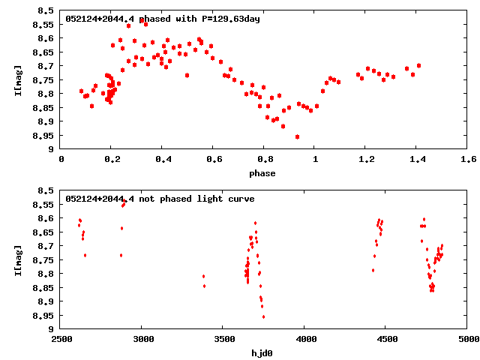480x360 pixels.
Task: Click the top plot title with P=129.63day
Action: point(162,19)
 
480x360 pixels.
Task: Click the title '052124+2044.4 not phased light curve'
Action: point(160,199)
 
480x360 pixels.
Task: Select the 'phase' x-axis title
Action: point(262,173)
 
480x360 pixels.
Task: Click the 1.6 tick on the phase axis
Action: point(468,160)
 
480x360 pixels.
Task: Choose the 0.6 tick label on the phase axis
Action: point(214,160)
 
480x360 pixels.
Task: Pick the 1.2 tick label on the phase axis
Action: point(366,160)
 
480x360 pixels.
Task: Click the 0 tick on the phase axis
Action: point(61,160)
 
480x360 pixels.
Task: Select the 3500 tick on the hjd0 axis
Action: point(223,339)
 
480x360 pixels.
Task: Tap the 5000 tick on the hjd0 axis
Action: point(466,339)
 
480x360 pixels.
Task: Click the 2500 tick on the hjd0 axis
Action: point(61,339)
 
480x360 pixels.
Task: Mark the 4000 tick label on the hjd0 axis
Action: point(304,339)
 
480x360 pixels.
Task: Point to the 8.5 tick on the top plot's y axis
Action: point(45,11)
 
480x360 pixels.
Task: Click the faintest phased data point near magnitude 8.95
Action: point(298,136)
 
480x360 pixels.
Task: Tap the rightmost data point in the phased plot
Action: point(418,65)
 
